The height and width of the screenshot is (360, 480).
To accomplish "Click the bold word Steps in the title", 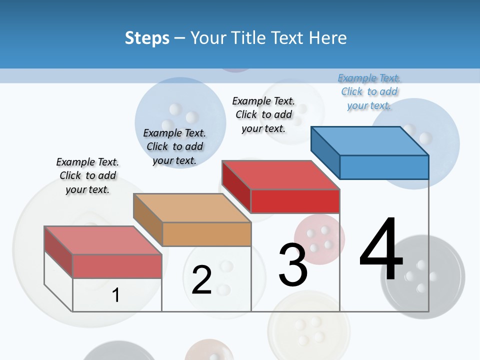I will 147,38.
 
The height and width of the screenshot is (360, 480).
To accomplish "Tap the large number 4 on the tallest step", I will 381,250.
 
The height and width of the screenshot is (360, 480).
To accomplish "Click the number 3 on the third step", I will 292,265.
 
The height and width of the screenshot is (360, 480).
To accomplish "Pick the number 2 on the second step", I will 201,280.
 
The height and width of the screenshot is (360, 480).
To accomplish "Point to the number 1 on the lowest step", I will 115,295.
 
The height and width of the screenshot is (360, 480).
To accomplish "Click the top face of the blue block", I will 370,140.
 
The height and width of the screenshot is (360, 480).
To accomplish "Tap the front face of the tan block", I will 206,234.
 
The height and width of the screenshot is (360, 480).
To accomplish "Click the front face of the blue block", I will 383,167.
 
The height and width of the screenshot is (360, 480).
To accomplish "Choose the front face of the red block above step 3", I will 295,201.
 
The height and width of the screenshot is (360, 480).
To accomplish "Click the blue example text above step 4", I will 369,91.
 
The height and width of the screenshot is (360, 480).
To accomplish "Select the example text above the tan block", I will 174,146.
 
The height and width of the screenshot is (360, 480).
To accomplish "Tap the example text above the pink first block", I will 87,175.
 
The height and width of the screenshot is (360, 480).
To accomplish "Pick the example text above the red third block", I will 263,114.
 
